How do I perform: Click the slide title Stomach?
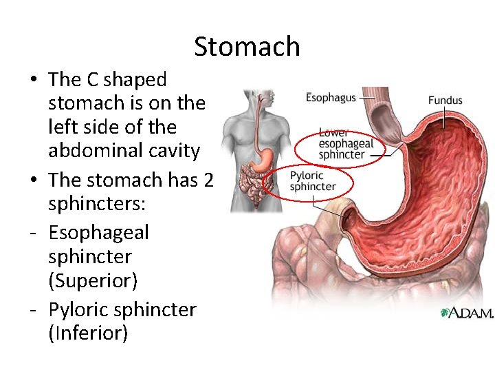(247, 47)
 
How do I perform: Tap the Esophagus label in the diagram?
(331, 97)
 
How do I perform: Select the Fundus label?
(445, 101)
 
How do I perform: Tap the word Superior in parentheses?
(93, 280)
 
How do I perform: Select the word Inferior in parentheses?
(88, 333)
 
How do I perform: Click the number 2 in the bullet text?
(209, 180)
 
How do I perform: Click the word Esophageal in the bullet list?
(98, 232)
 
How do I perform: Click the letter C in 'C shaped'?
(91, 80)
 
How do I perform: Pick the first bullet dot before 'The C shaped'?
(33, 80)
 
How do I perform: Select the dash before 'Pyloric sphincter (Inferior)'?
(33, 310)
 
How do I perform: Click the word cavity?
(175, 150)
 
